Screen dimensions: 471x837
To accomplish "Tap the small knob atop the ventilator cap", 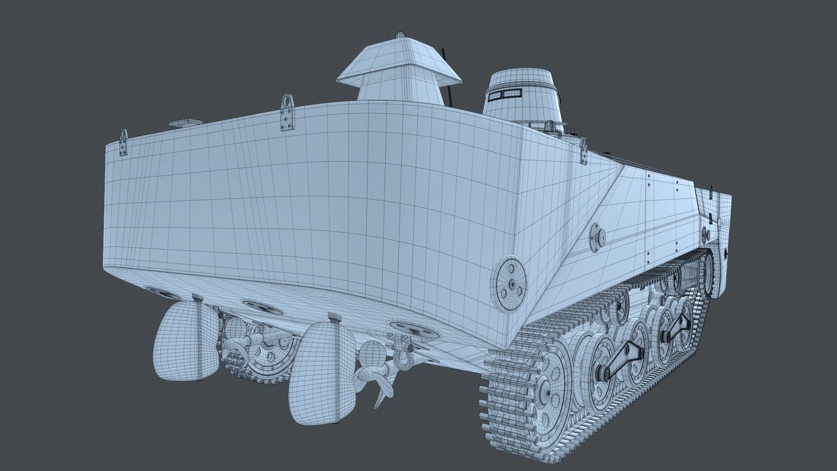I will point(400,35).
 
